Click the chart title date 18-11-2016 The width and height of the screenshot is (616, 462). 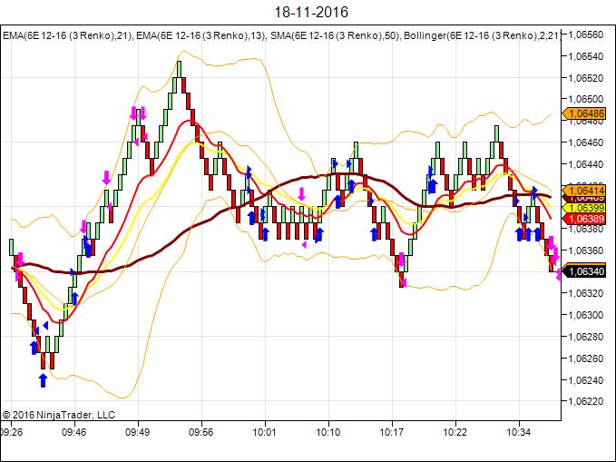308,13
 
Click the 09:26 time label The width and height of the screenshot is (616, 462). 12,433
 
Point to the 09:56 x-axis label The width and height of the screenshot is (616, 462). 201,433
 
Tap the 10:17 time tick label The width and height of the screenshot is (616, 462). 392,433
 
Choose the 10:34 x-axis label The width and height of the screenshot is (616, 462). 518,433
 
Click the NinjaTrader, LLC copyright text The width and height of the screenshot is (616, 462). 59,415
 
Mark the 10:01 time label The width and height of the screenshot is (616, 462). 265,433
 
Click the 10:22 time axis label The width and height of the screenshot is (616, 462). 455,433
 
